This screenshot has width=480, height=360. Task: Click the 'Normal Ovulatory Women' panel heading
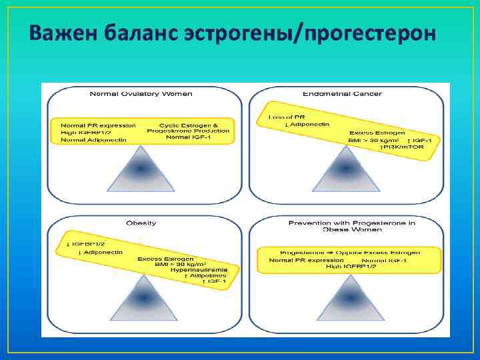[141, 94]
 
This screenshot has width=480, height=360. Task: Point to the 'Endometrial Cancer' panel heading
[342, 94]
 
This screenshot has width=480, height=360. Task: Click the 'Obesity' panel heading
[141, 223]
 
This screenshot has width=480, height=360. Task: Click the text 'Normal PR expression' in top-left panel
[98, 125]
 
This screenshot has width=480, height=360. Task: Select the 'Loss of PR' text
[281, 117]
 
